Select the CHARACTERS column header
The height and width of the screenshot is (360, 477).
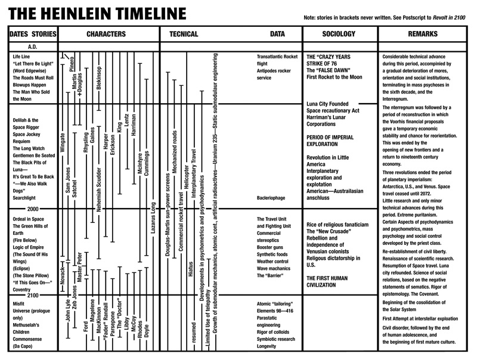(x=109, y=35)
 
